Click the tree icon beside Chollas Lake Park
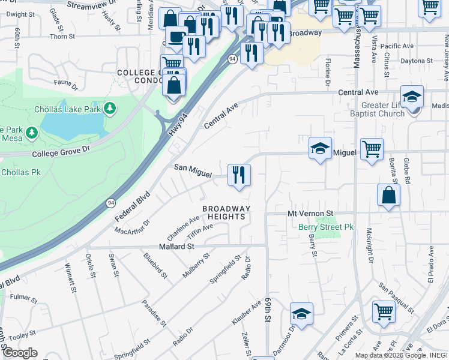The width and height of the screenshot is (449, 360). (109, 108)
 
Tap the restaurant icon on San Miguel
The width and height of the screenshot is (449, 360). (239, 175)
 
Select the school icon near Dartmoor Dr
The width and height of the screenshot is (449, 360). (301, 314)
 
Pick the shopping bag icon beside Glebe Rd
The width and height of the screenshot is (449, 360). (389, 194)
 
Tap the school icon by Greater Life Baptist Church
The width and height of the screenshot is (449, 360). (412, 96)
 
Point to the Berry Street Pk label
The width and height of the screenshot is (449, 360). (326, 227)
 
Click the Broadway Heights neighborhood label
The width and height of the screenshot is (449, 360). (225, 212)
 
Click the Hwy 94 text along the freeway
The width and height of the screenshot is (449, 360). (175, 123)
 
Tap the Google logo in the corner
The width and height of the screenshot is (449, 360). (19, 353)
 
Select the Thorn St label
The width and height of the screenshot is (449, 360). (62, 37)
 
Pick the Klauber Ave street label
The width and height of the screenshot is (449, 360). (247, 313)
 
